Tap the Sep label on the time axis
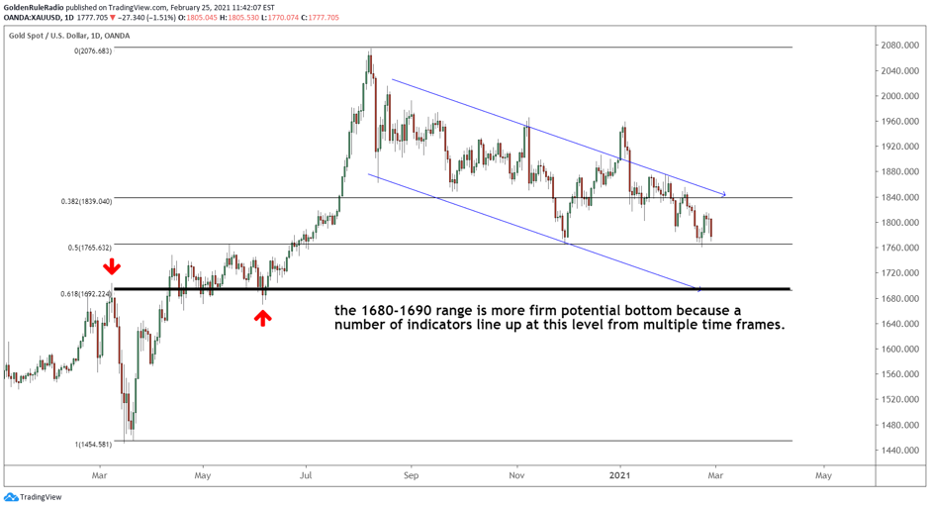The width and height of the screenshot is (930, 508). (412, 475)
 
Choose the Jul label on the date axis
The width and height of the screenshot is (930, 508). (306, 475)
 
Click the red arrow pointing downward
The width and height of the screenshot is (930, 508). (114, 266)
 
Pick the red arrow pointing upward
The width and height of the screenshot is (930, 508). (262, 317)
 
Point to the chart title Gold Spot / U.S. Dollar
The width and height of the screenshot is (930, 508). (69, 36)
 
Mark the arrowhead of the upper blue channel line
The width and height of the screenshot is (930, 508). (724, 194)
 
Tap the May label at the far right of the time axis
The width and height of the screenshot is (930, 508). (822, 475)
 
